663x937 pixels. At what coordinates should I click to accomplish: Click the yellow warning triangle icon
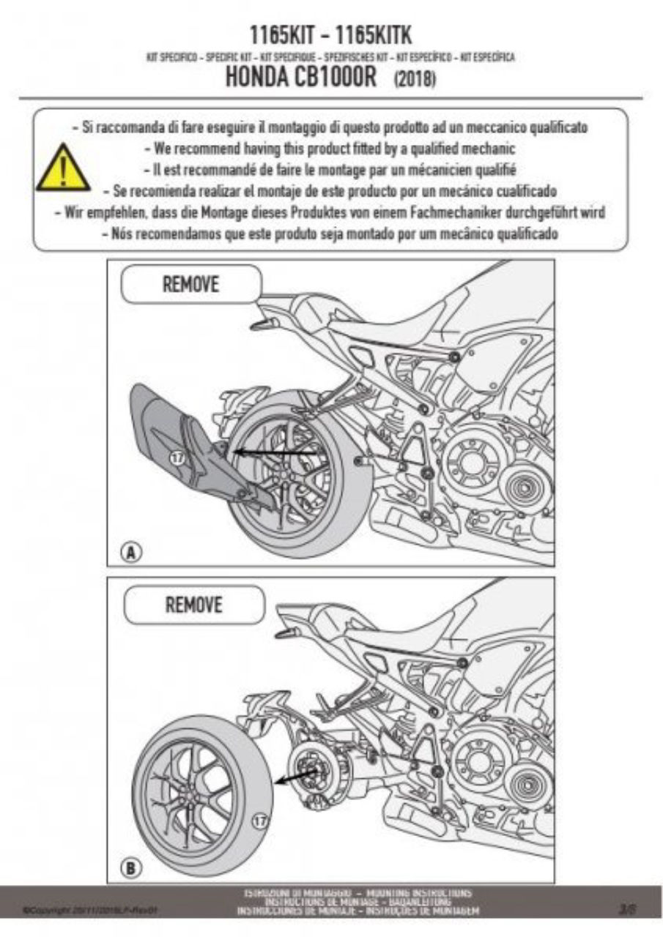pos(63,169)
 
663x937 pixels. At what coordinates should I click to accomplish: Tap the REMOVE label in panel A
pos(190,284)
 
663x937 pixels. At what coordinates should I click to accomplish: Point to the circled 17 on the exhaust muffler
pos(176,458)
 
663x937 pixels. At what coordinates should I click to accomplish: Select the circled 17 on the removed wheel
pos(256,817)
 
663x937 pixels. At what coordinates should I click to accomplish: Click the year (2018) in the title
pos(415,78)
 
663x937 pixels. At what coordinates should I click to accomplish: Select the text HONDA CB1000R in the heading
pos(306,78)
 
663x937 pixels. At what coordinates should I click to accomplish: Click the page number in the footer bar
pos(626,908)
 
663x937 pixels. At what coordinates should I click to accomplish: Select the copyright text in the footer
pos(92,910)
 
